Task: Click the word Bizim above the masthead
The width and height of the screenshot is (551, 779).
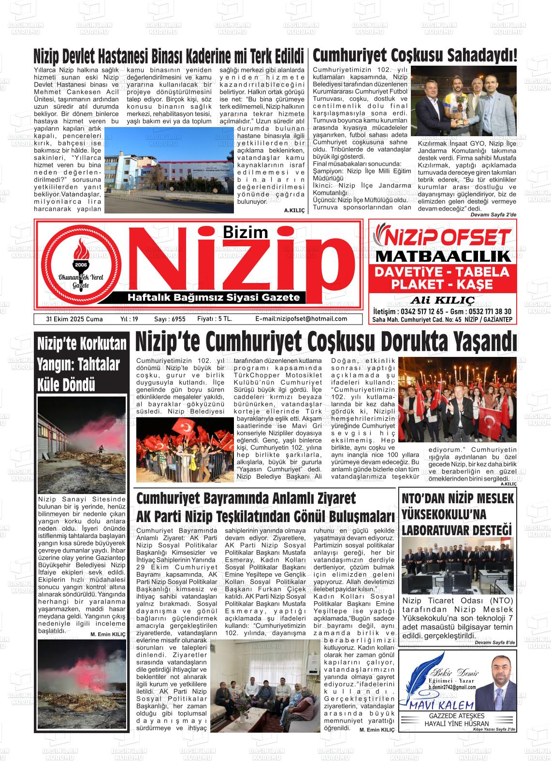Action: click(246, 232)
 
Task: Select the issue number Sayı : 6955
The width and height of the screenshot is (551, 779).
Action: click(170, 319)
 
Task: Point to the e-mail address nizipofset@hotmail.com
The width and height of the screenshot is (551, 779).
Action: click(301, 319)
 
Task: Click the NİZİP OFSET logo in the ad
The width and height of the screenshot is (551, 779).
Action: click(443, 237)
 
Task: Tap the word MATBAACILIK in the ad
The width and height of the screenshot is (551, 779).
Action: click(443, 255)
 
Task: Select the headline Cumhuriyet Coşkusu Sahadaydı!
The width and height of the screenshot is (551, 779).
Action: click(415, 55)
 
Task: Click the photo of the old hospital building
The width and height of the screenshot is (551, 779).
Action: click(169, 170)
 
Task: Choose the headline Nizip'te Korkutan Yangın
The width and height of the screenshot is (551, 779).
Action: click(82, 364)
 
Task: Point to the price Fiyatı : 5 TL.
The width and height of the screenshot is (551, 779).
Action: click(215, 319)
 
